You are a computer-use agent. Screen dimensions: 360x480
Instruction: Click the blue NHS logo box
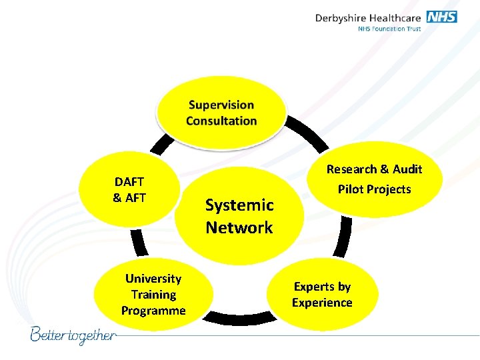coord(442,17)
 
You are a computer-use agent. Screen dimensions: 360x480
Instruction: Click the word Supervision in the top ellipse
coord(221,105)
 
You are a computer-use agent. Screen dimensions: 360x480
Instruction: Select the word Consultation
coord(221,121)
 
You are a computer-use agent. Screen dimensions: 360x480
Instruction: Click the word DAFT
coord(129,181)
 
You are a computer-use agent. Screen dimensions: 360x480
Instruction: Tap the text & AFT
coord(129,197)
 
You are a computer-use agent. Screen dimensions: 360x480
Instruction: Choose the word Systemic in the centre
coord(239,205)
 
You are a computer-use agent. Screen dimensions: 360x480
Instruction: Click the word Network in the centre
coord(239,227)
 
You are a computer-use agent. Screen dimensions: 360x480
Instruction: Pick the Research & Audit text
coord(374,169)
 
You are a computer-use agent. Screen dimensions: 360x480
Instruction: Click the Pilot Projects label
coord(374,189)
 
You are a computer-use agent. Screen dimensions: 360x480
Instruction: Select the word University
coord(153,279)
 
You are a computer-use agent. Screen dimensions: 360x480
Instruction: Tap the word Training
coord(153,295)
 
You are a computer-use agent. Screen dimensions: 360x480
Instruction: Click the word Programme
coord(153,311)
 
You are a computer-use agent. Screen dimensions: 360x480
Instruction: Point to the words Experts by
coord(322,287)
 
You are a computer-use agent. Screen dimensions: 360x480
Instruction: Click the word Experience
coord(322,303)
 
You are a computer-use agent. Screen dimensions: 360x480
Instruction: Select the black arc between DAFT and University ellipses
coord(137,240)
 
